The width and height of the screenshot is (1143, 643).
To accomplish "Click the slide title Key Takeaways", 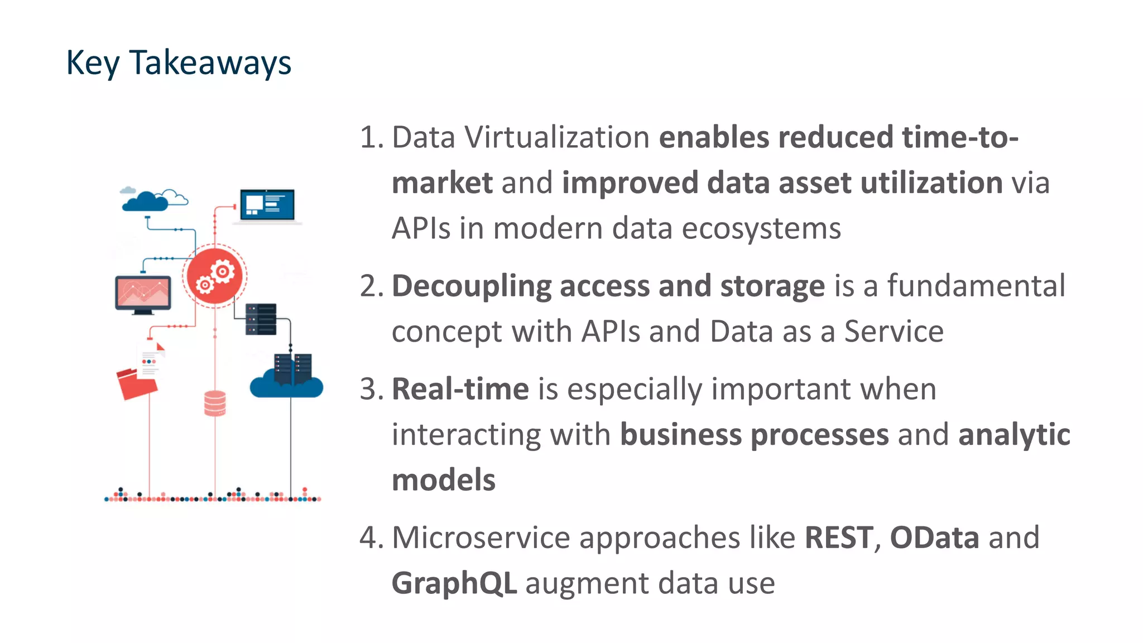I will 179,63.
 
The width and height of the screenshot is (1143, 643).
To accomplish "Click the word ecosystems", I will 761,229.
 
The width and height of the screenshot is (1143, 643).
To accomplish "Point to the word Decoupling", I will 472,286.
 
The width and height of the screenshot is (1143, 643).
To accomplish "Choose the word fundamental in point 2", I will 976,286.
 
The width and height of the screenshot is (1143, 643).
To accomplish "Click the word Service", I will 894,332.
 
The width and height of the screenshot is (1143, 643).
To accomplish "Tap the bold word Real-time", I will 460,389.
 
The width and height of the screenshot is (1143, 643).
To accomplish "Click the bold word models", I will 444,481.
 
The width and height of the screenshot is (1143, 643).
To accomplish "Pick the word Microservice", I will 481,538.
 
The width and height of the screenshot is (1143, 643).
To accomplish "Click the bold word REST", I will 839,538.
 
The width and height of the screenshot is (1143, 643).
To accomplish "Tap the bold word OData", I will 934,538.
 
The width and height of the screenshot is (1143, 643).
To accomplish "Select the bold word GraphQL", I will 454,584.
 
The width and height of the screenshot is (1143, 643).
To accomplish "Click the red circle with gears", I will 215,276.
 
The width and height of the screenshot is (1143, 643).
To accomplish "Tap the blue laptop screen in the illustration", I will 267,205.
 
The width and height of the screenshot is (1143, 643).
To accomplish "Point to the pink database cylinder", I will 215,403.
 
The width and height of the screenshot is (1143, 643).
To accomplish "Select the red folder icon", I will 136,383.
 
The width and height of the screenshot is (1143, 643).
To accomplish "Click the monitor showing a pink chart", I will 143,292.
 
